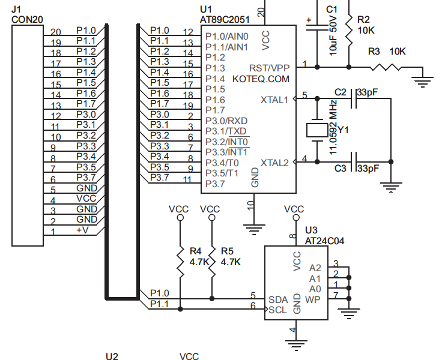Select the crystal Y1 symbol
pos(315,130)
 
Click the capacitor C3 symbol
pos(354,161)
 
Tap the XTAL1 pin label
pos(274,100)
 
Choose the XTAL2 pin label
pos(274,163)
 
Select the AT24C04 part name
pos(325,240)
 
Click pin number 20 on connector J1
pos(56,32)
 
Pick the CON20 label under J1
pos(26,19)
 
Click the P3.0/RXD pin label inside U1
pos(226,121)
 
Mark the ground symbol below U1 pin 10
pos(252,228)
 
